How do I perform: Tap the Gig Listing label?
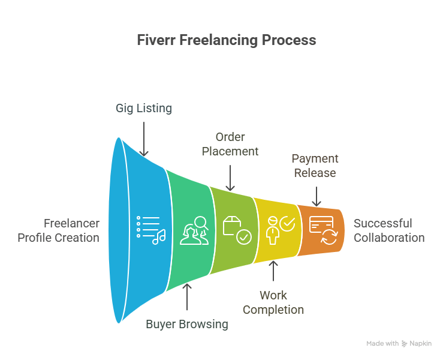[x=144, y=108]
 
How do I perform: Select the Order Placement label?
[x=230, y=144]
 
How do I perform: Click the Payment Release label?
[x=315, y=166]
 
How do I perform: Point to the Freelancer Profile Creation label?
[x=58, y=230]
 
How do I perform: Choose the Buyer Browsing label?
[x=187, y=324]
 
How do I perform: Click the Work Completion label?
[x=273, y=302]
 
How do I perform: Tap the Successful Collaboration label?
[x=388, y=230]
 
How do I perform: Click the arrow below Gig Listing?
[x=144, y=139]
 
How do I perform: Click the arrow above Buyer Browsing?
[x=187, y=296]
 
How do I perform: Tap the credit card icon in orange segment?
[x=321, y=230]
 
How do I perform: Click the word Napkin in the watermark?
[x=421, y=343]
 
